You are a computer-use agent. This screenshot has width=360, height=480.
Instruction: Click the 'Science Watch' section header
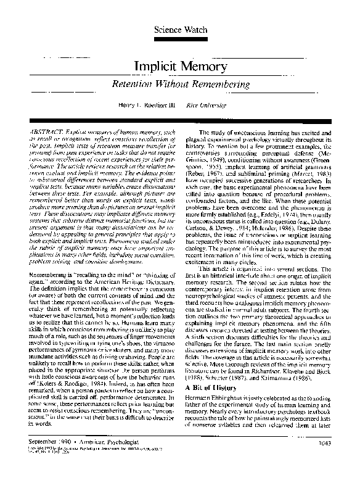179,30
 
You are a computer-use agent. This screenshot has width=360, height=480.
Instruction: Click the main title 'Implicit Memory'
179,66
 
